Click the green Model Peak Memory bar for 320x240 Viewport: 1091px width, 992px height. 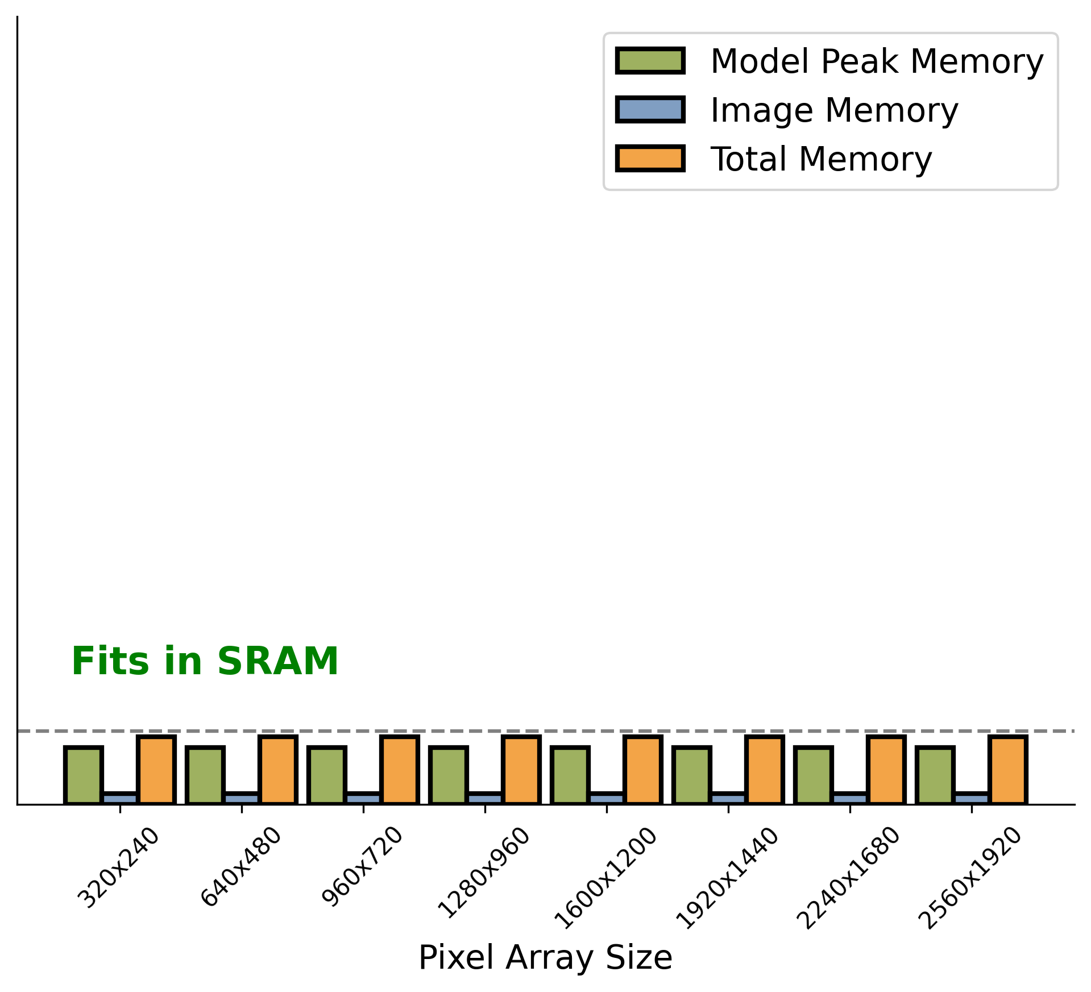click(84, 775)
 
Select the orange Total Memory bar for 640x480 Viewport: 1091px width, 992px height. click(277, 770)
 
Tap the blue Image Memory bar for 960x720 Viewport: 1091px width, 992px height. click(363, 798)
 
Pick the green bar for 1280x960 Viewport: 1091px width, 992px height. click(448, 775)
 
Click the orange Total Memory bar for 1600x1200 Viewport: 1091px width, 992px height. click(642, 770)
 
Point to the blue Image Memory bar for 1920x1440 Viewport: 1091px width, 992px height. click(728, 798)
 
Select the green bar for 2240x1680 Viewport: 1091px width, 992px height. click(813, 775)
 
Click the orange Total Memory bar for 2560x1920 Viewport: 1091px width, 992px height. click(1007, 770)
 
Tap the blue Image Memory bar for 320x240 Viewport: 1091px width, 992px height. click(120, 798)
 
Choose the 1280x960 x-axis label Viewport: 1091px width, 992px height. click(484, 873)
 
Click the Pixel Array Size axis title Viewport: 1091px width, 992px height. click(545, 957)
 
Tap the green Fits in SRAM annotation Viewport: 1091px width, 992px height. click(205, 662)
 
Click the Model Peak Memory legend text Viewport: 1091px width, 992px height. click(877, 61)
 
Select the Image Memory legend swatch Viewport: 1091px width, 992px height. click(650, 110)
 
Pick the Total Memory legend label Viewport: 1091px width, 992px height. click(821, 159)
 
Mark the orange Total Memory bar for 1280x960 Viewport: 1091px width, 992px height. click(521, 770)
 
